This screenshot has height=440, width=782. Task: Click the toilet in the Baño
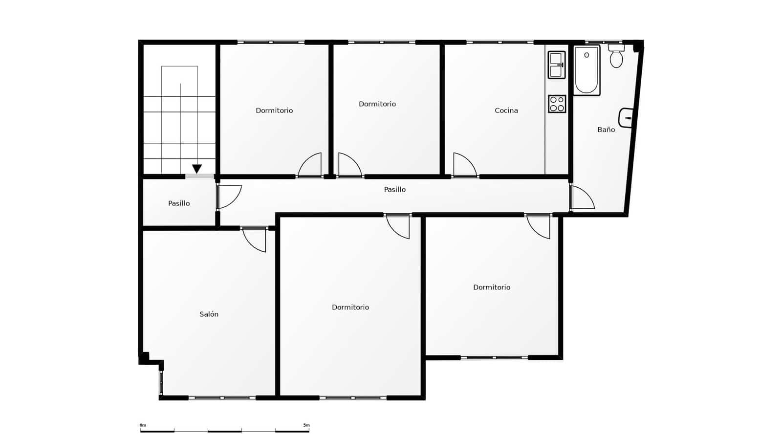tap(616, 57)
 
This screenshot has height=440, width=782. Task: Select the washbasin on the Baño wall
tap(627, 118)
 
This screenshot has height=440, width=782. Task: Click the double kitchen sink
tap(556, 65)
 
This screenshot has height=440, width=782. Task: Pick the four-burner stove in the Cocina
tap(557, 104)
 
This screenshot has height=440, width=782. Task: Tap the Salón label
tap(209, 314)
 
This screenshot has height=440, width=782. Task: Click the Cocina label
tap(506, 110)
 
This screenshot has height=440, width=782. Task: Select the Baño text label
tap(606, 130)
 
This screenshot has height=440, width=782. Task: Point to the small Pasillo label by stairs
tap(179, 203)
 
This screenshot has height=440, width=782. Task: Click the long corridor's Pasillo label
tap(394, 190)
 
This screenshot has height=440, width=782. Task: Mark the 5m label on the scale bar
tap(306, 425)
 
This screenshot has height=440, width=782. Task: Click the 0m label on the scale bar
tap(143, 425)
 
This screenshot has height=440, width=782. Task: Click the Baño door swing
tap(581, 198)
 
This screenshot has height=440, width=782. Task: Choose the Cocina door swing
tap(464, 165)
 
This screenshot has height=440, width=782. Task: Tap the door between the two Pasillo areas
tap(228, 196)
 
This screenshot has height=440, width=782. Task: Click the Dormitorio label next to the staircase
tap(274, 110)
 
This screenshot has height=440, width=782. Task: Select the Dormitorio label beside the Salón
tap(350, 308)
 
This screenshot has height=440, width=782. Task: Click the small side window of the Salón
tap(161, 382)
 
